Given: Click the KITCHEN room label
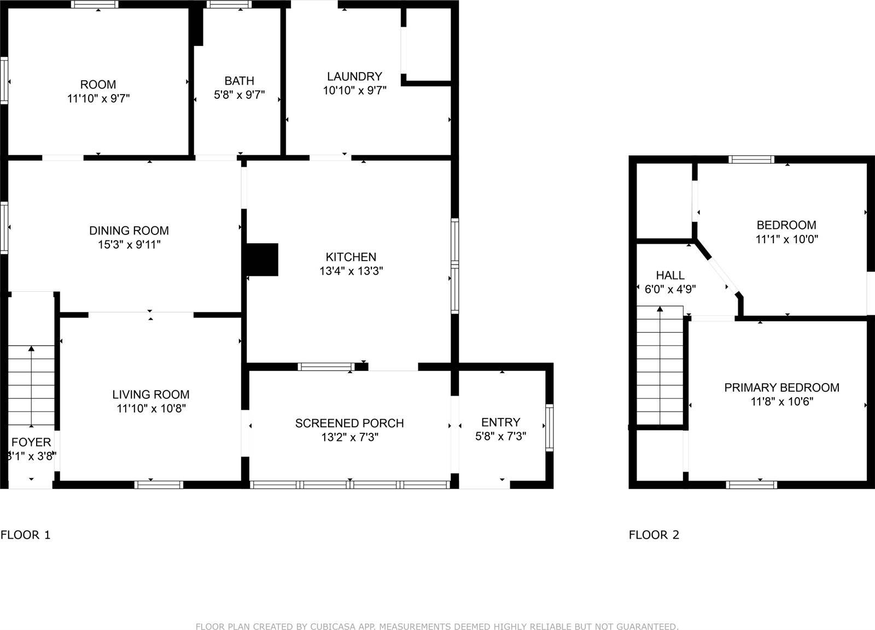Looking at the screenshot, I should point(351,257).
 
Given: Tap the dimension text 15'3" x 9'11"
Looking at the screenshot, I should point(129,245).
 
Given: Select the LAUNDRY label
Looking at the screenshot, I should point(354,76).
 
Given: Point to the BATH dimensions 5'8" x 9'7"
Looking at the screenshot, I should point(239,95).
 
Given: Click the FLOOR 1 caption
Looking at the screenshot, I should point(26,535).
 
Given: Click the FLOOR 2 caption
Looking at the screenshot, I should point(654,535).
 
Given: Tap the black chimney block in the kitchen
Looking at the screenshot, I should point(262,259).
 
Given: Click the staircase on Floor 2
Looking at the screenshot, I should point(660,366).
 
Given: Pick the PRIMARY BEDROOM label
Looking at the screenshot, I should point(781,388).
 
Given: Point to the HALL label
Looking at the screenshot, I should point(670,275).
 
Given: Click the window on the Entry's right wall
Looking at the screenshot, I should point(549,427).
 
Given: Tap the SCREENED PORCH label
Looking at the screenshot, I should point(349,423).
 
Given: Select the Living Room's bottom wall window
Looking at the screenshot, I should point(159,484).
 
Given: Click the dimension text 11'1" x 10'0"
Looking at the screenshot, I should point(787,239).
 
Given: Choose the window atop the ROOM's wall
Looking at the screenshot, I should point(95,5).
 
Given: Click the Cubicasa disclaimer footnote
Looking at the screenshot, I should point(437,626).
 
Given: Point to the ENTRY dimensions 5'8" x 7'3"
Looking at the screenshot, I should point(501,437).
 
